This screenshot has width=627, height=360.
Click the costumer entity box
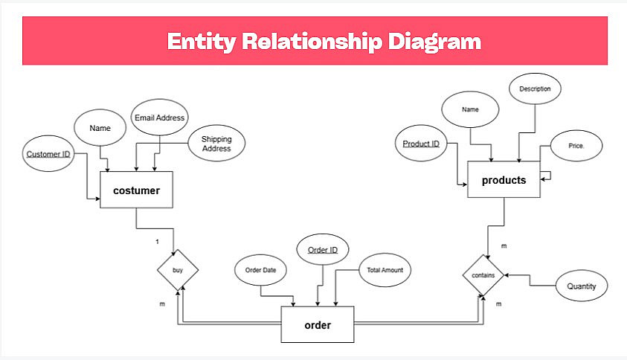[136, 190]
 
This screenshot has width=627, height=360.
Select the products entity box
[504, 180]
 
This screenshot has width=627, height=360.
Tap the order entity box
[318, 325]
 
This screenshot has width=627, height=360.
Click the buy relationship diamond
[178, 270]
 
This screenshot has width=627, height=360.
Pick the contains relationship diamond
[483, 274]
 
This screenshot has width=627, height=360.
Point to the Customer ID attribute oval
[48, 155]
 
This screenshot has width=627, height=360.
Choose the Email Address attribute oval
[159, 118]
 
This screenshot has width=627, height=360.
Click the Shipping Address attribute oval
[216, 144]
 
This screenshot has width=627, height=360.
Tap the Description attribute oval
[535, 89]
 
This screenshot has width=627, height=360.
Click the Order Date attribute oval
[260, 270]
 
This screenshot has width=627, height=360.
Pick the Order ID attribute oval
[323, 250]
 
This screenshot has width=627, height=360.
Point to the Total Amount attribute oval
[385, 270]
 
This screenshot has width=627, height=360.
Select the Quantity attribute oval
[582, 286]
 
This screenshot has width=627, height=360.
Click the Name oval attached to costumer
[100, 128]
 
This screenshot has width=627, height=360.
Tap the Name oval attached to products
[470, 109]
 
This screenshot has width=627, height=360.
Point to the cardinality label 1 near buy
[157, 242]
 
